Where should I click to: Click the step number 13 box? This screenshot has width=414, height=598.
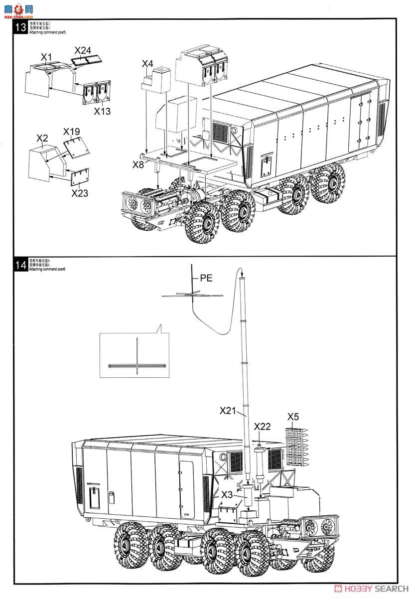click(21, 28)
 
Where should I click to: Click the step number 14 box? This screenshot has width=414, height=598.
click(21, 265)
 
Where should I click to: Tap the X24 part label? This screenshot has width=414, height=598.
click(83, 50)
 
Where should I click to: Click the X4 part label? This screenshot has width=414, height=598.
click(147, 64)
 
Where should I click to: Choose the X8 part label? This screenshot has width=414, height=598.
click(138, 163)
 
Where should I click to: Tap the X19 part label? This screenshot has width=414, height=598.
click(71, 132)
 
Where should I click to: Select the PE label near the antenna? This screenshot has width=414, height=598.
click(206, 278)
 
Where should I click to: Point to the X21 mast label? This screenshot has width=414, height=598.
click(227, 411)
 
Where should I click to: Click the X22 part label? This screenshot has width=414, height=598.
click(262, 427)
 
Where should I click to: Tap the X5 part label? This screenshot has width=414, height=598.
click(293, 417)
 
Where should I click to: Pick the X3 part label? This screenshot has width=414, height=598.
click(227, 494)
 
